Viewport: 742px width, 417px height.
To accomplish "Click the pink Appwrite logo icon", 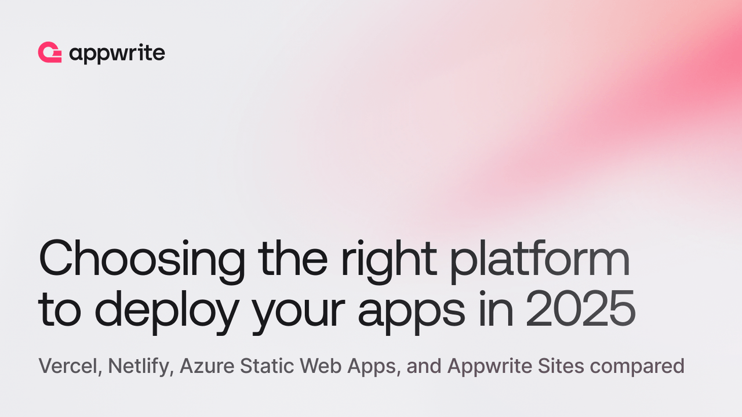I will click(50, 53).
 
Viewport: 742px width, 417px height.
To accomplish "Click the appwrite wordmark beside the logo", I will click(117, 54).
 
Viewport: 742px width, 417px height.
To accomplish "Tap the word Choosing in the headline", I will click(141, 259).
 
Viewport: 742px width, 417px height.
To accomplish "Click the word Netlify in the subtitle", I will click(141, 367).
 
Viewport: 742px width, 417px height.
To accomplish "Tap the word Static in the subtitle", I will click(264, 367).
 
